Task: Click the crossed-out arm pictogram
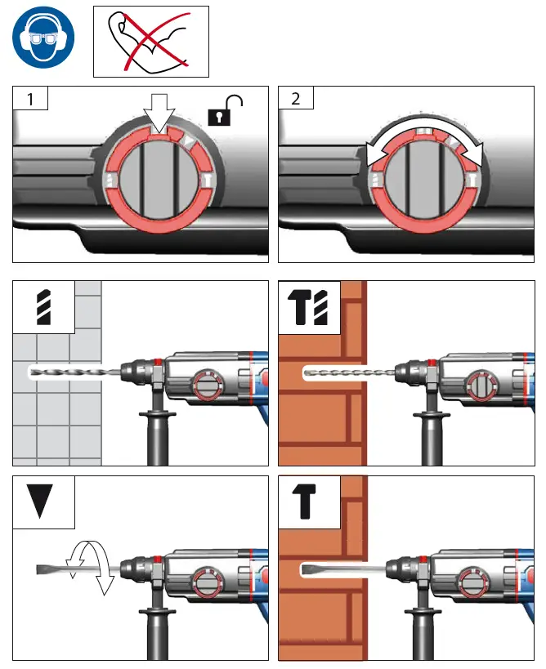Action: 151,40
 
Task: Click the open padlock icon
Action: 229,111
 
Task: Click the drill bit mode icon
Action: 43,307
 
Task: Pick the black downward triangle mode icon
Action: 43,500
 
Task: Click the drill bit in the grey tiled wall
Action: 74,372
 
